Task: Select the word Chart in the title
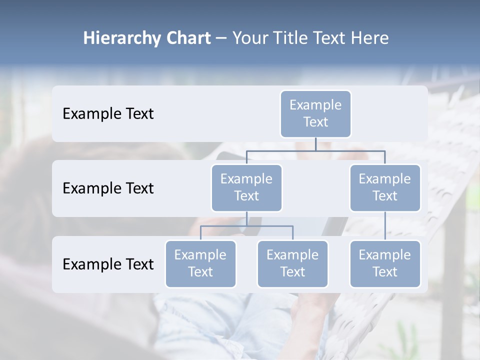pos(186,38)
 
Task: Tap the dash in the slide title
pos(221,38)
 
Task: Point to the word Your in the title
pos(250,38)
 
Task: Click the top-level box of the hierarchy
pos(315,113)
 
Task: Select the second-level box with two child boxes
pos(246,187)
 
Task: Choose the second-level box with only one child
pos(385,187)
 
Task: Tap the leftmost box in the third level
pos(200,263)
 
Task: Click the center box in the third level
pos(292,263)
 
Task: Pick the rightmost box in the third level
pos(385,263)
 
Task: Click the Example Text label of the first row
pos(108,114)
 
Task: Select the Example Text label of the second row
pos(108,188)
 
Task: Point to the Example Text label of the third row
pos(108,264)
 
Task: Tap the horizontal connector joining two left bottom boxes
pos(225,226)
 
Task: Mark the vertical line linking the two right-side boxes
pos(385,226)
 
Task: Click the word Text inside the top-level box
pos(315,122)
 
